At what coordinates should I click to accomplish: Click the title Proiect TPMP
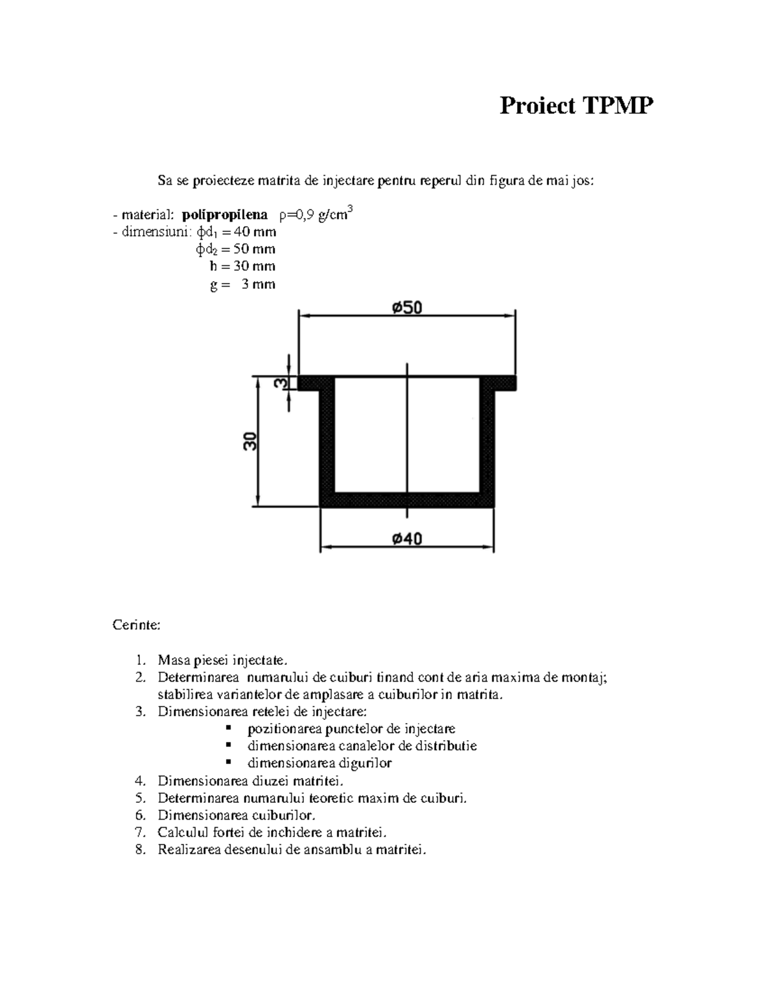576,105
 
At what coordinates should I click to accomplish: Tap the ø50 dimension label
407,308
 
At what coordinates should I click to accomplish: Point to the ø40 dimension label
407,539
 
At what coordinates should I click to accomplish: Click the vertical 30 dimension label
250,441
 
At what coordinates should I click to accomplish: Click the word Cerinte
136,625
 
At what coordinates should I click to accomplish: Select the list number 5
140,798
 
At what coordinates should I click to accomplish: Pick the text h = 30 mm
243,266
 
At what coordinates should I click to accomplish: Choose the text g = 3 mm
243,284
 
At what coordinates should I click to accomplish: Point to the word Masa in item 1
174,659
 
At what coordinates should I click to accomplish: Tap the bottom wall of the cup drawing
407,500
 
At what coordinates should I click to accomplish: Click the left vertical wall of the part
327,441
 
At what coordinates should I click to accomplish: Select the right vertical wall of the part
487,441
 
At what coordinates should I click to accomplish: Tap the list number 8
140,850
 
